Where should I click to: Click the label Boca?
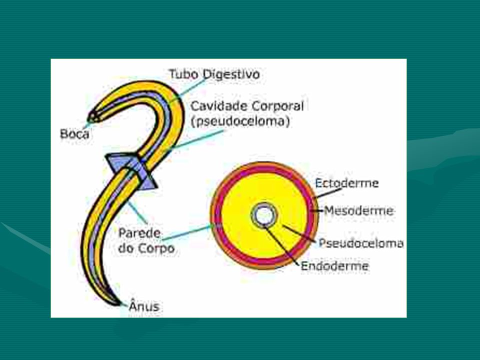click(x=74, y=134)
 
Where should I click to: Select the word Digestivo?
click(x=231, y=74)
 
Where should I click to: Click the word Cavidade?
click(x=218, y=106)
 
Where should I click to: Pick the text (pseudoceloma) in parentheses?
click(x=240, y=121)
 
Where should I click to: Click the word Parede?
click(x=139, y=233)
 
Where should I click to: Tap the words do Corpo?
click(x=146, y=248)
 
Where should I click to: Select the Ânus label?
click(x=144, y=305)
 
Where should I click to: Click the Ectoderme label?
click(x=347, y=183)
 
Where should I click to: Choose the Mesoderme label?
click(x=359, y=210)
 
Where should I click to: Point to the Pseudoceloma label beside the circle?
click(x=361, y=243)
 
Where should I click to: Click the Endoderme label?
click(x=334, y=265)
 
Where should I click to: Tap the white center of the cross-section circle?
click(x=264, y=215)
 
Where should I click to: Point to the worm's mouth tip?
click(x=89, y=118)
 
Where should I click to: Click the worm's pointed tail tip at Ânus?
click(x=119, y=304)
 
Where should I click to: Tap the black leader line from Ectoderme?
click(x=328, y=193)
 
